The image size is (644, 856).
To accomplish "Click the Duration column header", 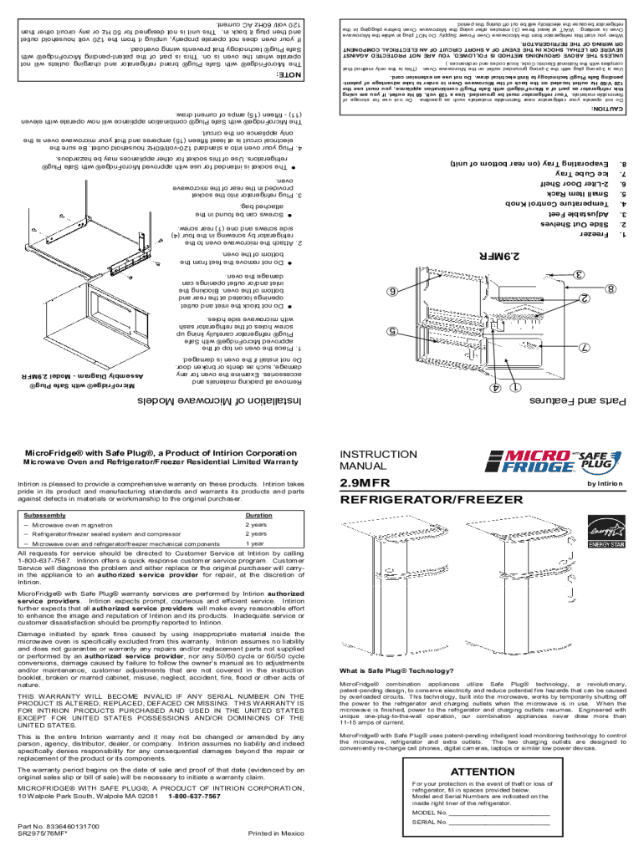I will coord(258,516).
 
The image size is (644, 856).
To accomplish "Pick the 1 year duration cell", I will coord(254,543).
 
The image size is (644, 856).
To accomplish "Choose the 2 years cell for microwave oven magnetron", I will coord(256,524).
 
